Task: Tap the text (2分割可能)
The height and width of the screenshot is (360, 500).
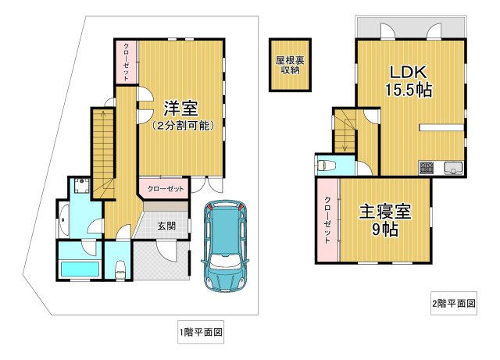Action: [x=181, y=126]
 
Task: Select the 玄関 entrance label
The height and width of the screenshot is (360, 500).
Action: [x=166, y=226]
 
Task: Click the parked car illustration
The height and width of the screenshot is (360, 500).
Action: [x=226, y=245]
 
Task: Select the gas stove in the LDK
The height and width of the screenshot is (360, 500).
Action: [x=427, y=167]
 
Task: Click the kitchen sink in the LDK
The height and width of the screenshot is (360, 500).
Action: [x=453, y=167]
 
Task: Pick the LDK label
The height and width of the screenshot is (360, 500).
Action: [x=410, y=72]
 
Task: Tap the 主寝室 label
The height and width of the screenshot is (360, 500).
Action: [x=384, y=212]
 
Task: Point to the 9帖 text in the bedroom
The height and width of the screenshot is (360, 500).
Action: [x=384, y=231]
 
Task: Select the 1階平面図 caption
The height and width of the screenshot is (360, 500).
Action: [x=201, y=333]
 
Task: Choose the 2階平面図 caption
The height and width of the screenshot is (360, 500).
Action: [x=453, y=303]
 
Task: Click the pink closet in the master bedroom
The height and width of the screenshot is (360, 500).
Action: [x=327, y=220]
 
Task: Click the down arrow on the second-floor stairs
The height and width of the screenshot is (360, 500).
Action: [x=345, y=141]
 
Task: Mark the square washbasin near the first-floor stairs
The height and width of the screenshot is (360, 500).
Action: [x=80, y=187]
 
